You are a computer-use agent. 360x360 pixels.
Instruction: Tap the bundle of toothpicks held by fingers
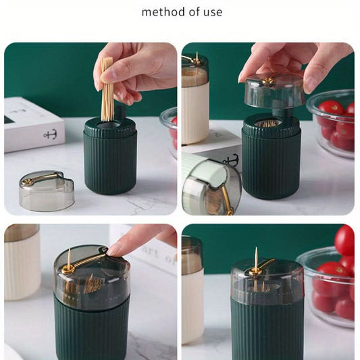(107, 89)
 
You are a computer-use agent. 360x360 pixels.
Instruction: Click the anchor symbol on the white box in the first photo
(50, 134)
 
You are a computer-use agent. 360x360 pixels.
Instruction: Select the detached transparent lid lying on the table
(47, 191)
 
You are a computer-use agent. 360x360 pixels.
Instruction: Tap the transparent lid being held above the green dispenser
(275, 91)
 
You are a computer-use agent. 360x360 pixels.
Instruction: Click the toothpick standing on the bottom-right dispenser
(256, 267)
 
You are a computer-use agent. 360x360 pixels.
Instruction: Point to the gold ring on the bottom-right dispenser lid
(255, 272)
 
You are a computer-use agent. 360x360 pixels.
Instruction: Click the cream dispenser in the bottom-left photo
(22, 262)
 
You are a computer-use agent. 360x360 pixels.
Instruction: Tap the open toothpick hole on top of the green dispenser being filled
(108, 126)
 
